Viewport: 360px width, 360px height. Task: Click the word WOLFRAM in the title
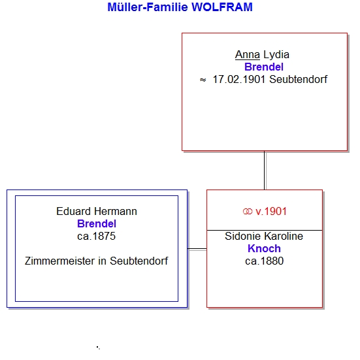click(222, 7)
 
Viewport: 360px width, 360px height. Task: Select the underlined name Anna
click(247, 55)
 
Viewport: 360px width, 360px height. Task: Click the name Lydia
click(276, 55)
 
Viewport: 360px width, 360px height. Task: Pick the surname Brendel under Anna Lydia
click(264, 67)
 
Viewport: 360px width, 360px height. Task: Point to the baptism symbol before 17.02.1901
click(203, 80)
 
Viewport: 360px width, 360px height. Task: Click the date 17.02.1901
click(239, 80)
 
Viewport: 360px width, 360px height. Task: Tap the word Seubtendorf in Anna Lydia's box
click(298, 80)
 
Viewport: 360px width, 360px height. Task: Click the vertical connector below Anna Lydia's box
click(265, 171)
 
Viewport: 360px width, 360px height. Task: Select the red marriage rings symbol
click(248, 212)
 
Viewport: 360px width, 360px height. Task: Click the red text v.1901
click(271, 212)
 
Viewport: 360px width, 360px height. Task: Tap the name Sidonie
click(242, 237)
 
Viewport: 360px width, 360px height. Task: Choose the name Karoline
click(284, 237)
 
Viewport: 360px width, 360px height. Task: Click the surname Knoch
click(264, 249)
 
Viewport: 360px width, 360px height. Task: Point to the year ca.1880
click(264, 261)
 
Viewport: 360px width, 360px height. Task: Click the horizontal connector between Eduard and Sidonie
click(197, 249)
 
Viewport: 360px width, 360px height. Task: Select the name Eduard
click(73, 212)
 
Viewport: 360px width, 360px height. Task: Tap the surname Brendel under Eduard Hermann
click(97, 224)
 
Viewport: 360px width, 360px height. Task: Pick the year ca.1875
click(97, 237)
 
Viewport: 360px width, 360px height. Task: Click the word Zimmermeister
click(59, 261)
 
